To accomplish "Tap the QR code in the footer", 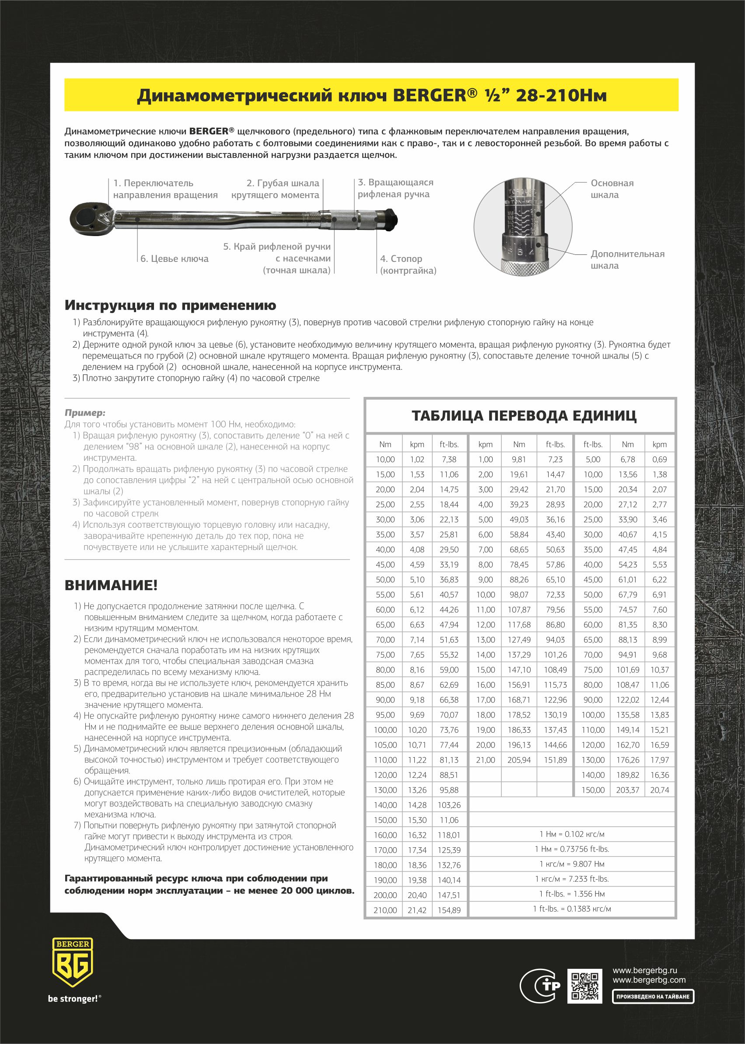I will tap(584, 986).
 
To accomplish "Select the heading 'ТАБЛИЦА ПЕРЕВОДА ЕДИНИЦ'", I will tap(524, 416).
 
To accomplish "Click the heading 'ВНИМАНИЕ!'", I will tap(111, 585).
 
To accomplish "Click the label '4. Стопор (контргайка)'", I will tap(408, 264).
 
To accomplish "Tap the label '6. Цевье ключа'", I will tap(174, 258).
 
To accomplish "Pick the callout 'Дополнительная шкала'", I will tap(627, 260).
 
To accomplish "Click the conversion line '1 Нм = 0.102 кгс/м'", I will tap(572, 834).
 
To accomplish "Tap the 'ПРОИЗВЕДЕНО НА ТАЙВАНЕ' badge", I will tap(652, 1009).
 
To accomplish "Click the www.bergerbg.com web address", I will tap(649, 980).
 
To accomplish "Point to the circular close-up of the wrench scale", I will tap(522, 226).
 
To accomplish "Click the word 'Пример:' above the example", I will tap(85, 413).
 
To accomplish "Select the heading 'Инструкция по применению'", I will tap(170, 305).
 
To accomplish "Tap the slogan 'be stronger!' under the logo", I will tap(73, 1012).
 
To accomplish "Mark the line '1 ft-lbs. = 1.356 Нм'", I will tap(572, 894).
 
